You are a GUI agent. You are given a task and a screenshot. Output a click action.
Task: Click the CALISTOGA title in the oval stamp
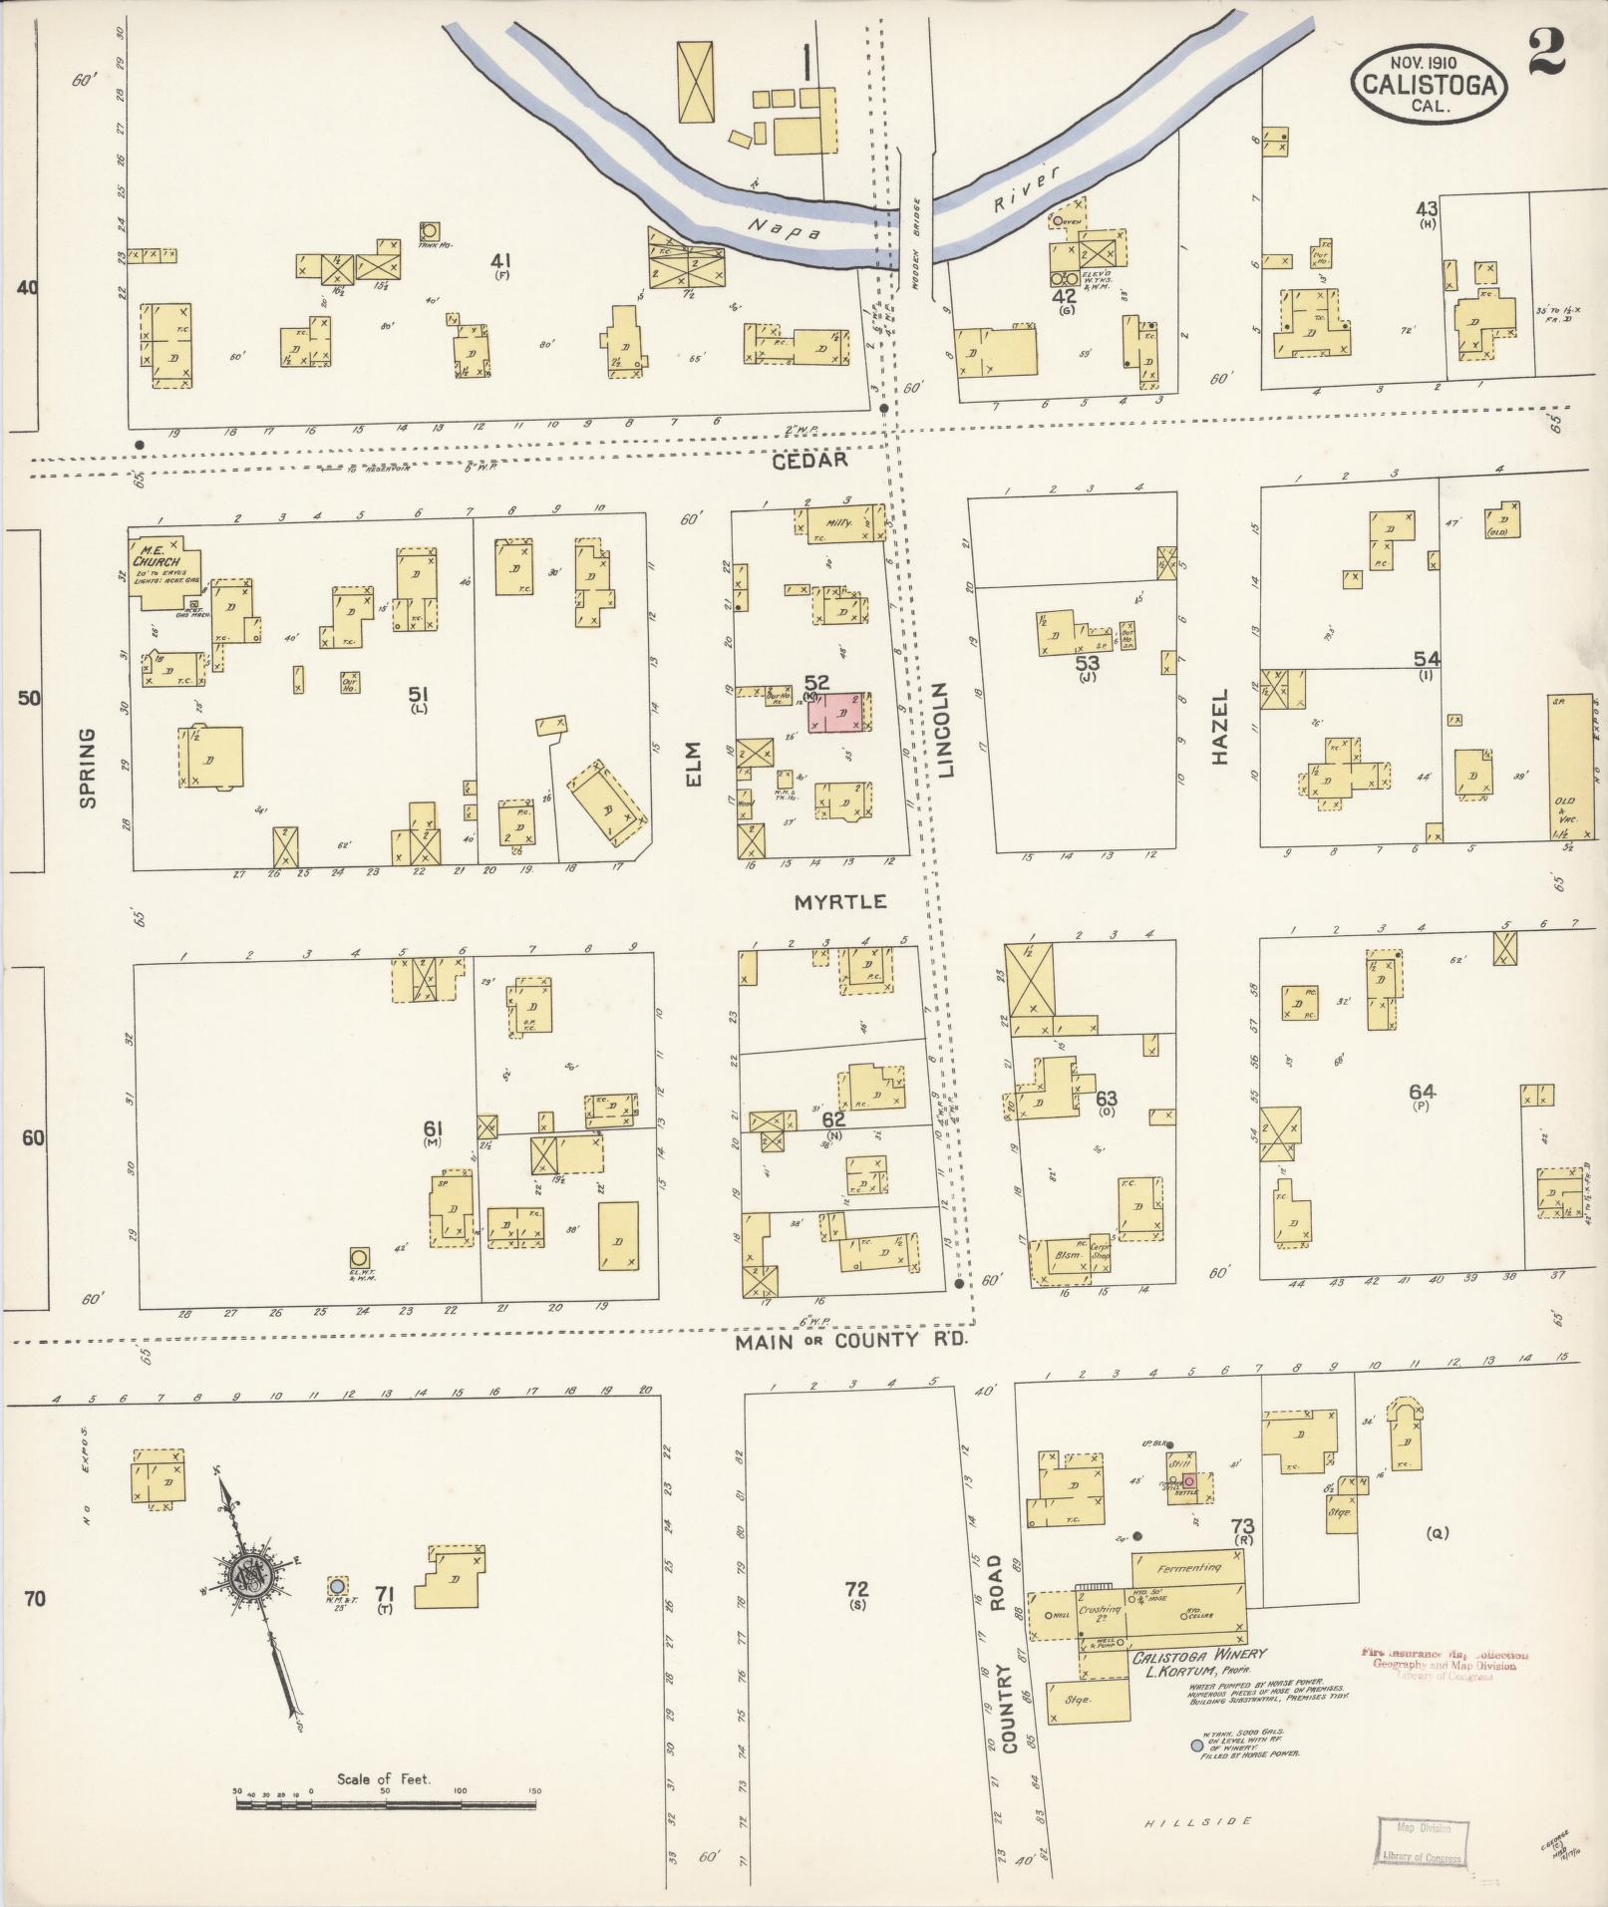pyautogui.click(x=1429, y=85)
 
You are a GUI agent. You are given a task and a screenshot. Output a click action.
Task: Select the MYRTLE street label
pyautogui.click(x=840, y=901)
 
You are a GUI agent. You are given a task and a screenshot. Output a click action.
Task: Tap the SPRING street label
pyautogui.click(x=87, y=768)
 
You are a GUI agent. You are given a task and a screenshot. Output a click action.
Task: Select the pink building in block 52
pyautogui.click(x=838, y=714)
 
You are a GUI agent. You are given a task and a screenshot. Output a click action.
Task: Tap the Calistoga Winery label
pyautogui.click(x=1198, y=1656)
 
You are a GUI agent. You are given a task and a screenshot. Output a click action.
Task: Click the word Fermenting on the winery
pyautogui.click(x=1189, y=1568)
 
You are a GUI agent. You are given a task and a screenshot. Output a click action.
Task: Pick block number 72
pyautogui.click(x=856, y=1588)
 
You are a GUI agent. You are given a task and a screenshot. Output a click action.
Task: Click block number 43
pyautogui.click(x=1427, y=208)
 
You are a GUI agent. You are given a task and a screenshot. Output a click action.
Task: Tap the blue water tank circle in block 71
pyautogui.click(x=337, y=1585)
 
